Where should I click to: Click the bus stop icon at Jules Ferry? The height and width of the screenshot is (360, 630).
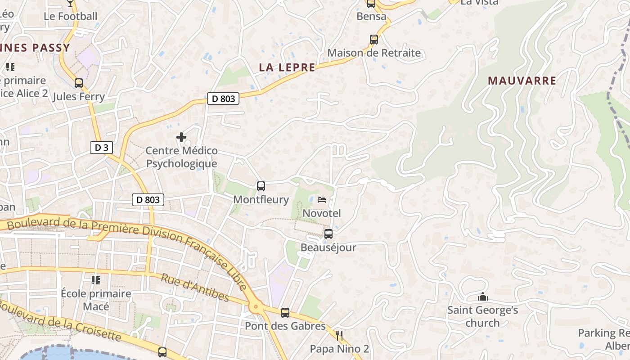79,83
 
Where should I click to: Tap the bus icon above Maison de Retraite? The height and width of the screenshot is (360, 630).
374,40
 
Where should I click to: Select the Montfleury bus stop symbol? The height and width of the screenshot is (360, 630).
261,186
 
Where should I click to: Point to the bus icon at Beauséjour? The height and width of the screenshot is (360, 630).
328,234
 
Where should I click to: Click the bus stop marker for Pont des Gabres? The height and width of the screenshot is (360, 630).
285,313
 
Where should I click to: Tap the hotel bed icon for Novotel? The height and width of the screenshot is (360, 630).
322,199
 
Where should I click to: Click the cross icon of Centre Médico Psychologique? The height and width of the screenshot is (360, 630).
181,137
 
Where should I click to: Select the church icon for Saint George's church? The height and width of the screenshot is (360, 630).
483,297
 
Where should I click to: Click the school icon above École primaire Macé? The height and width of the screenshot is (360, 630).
96,280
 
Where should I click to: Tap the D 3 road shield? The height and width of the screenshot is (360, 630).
101,148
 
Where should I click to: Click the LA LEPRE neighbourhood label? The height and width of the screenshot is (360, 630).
287,67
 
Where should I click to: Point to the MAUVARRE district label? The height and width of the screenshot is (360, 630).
522,81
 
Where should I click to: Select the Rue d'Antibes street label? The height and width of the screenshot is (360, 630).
195,288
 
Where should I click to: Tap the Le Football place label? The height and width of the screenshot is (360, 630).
71,16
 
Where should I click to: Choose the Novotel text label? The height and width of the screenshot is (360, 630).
322,213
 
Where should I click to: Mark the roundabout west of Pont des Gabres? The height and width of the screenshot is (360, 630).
256,308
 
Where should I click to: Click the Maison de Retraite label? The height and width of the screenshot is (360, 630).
374,53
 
